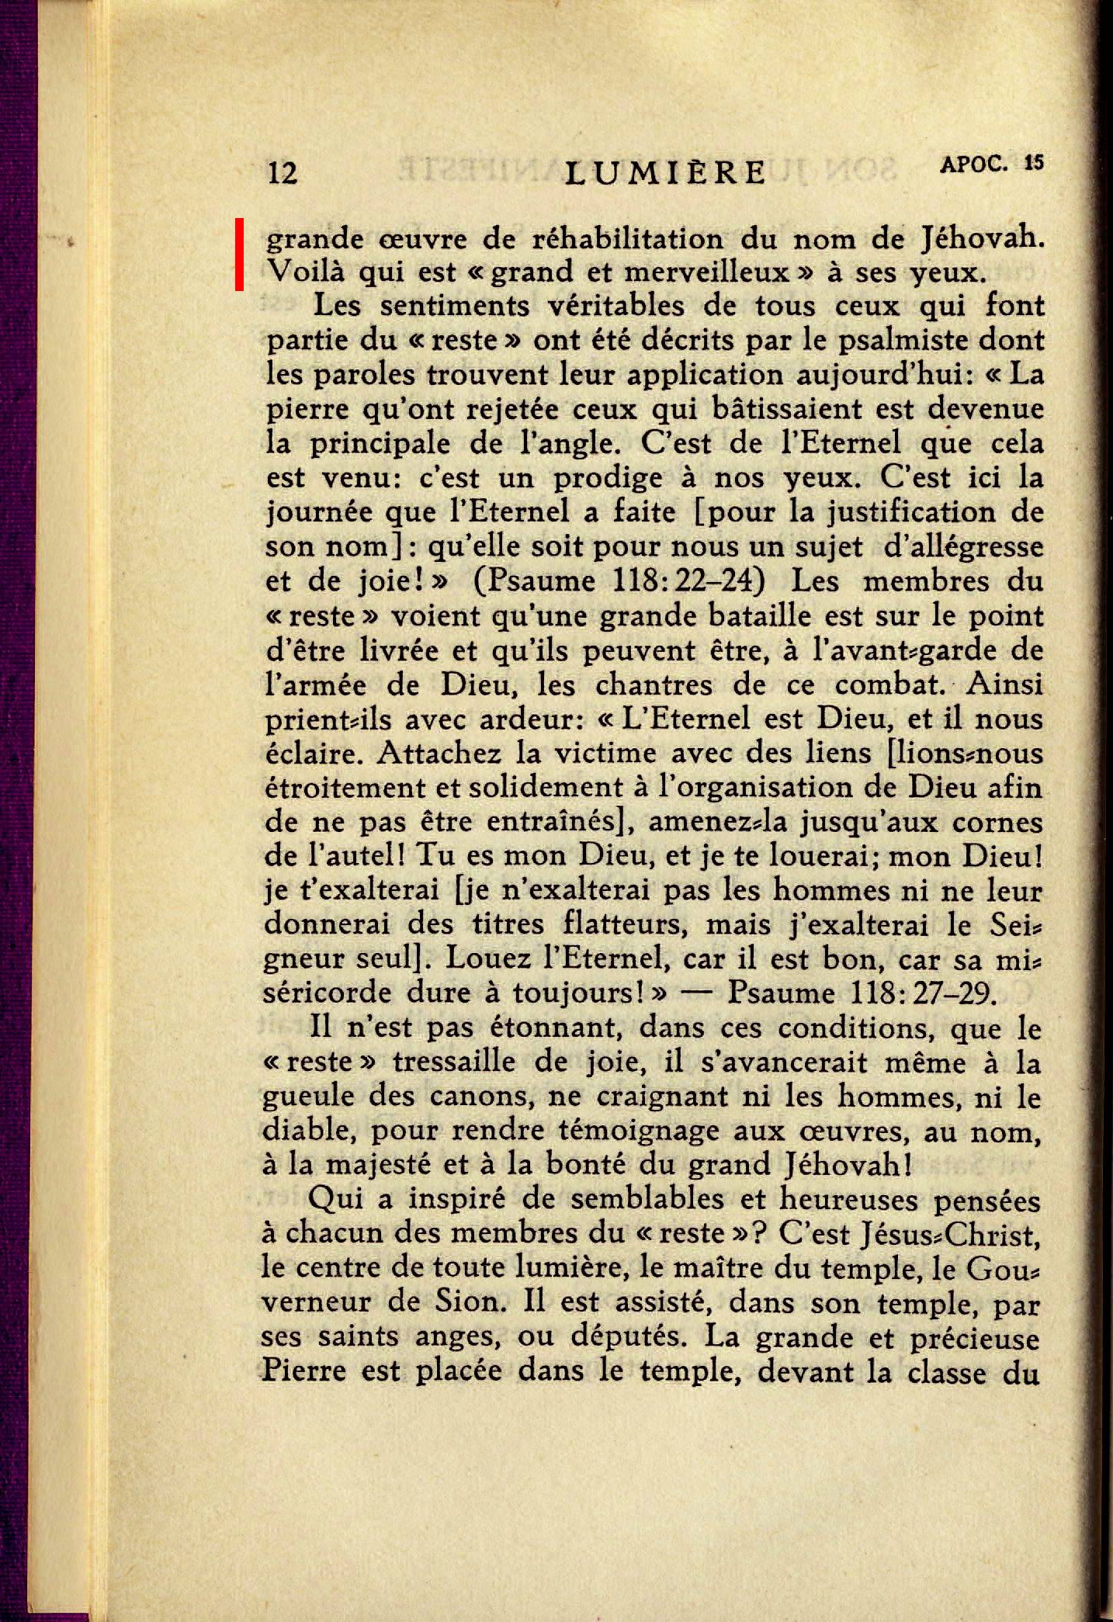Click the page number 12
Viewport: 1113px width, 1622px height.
[283, 172]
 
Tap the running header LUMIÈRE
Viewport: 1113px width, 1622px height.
[666, 172]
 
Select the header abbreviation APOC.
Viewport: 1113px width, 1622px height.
[974, 164]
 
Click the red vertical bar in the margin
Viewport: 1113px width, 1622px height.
[241, 255]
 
